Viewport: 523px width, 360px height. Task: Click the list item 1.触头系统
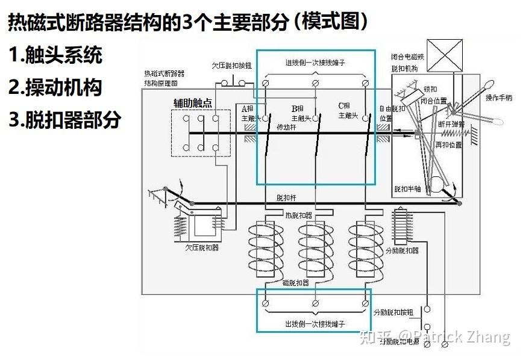55,55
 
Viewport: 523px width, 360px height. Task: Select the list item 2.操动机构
55,87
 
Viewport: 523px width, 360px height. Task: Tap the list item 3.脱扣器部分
64,119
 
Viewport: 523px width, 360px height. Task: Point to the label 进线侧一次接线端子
315,63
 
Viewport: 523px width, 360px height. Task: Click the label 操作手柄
498,97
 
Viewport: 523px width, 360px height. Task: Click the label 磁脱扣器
296,282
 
